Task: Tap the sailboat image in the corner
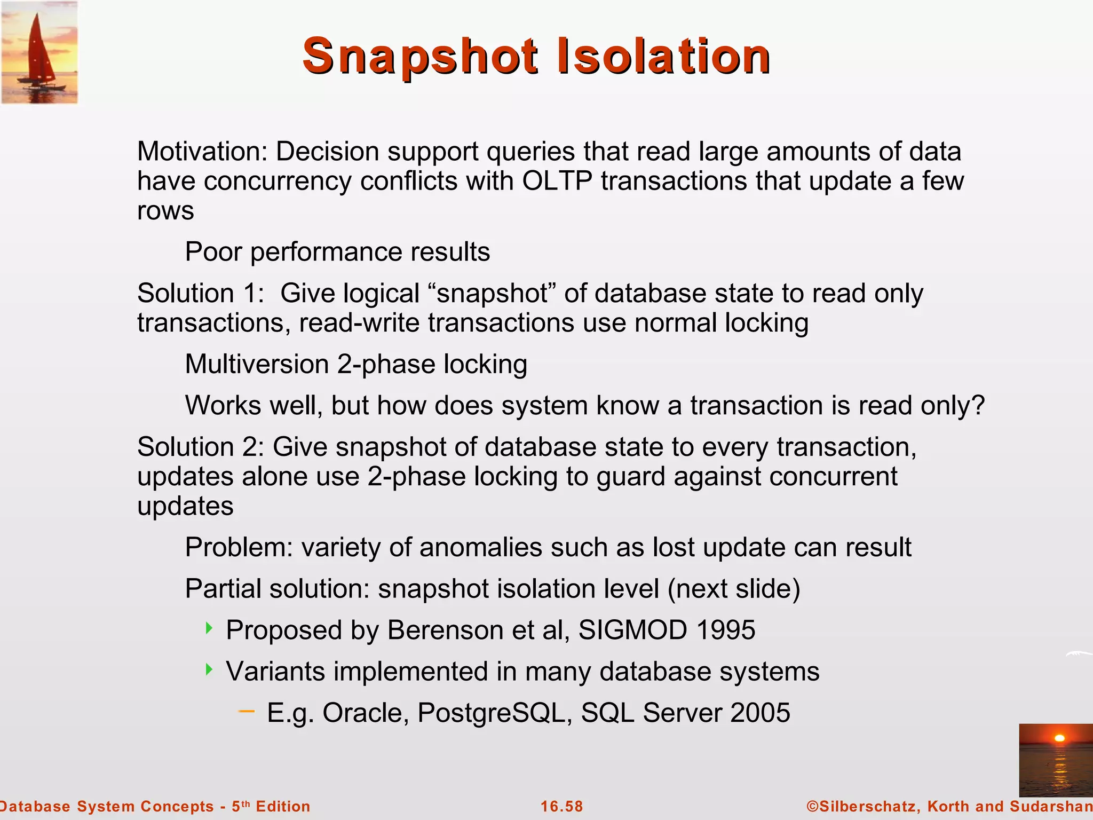[x=39, y=52]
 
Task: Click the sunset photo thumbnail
[x=1055, y=760]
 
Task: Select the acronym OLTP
[x=557, y=181]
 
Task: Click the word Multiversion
[x=257, y=365]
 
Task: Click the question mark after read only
[x=978, y=406]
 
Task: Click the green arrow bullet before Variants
[x=209, y=669]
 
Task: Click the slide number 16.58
[x=561, y=806]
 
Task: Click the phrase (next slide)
[x=733, y=589]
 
